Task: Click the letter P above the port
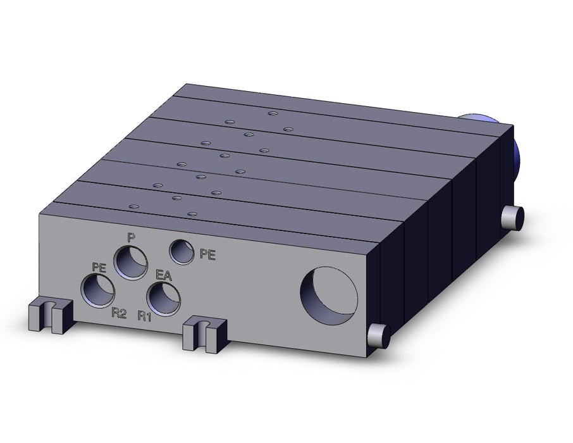tap(131, 238)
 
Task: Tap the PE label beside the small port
tap(207, 254)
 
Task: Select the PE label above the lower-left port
tap(99, 268)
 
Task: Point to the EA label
tap(163, 275)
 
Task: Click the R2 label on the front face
tap(119, 313)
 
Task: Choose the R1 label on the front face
tap(144, 316)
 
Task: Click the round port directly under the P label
tap(131, 263)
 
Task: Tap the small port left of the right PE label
tap(182, 252)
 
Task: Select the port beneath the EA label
tap(164, 299)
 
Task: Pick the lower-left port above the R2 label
tap(98, 291)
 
